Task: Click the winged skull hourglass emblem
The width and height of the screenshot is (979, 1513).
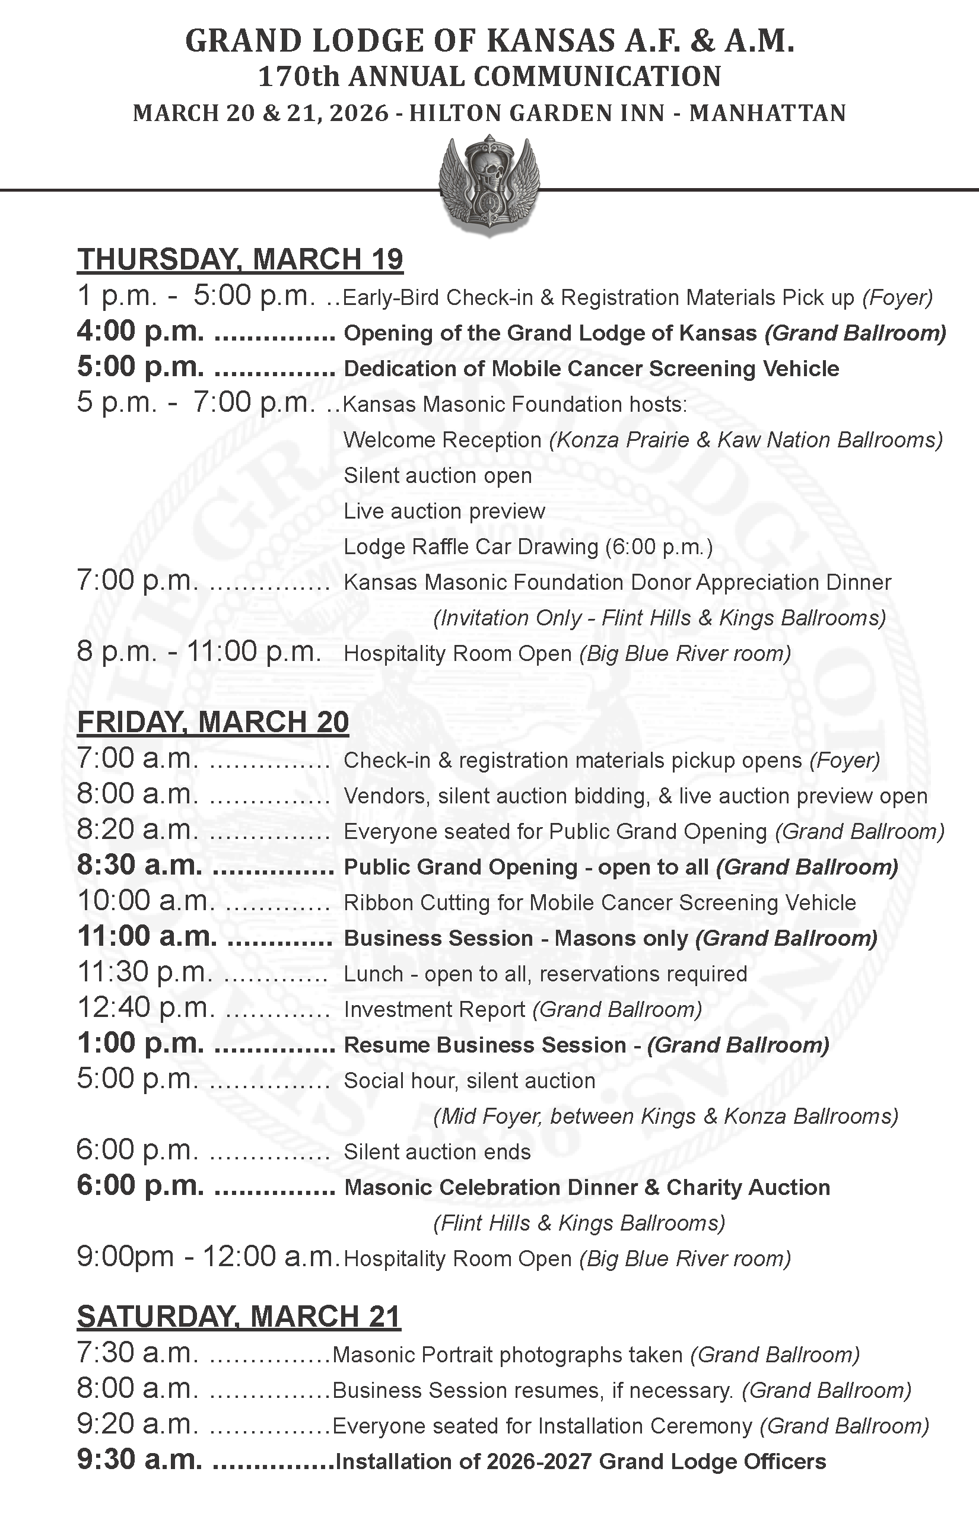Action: (489, 185)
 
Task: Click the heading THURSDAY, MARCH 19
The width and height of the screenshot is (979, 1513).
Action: (240, 259)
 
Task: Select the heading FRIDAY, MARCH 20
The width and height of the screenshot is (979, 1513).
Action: (212, 722)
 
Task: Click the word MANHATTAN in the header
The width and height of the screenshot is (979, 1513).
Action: (767, 113)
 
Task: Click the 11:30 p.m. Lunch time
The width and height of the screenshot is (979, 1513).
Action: (145, 972)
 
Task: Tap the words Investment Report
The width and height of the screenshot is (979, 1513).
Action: (434, 1009)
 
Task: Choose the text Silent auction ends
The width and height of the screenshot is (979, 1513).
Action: (437, 1152)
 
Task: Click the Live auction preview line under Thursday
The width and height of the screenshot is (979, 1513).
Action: (444, 511)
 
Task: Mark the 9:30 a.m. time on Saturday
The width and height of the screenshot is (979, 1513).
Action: (139, 1460)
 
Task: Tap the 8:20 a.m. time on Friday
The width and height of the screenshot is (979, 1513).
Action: (137, 829)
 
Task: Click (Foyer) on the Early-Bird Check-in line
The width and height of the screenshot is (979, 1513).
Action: (897, 297)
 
